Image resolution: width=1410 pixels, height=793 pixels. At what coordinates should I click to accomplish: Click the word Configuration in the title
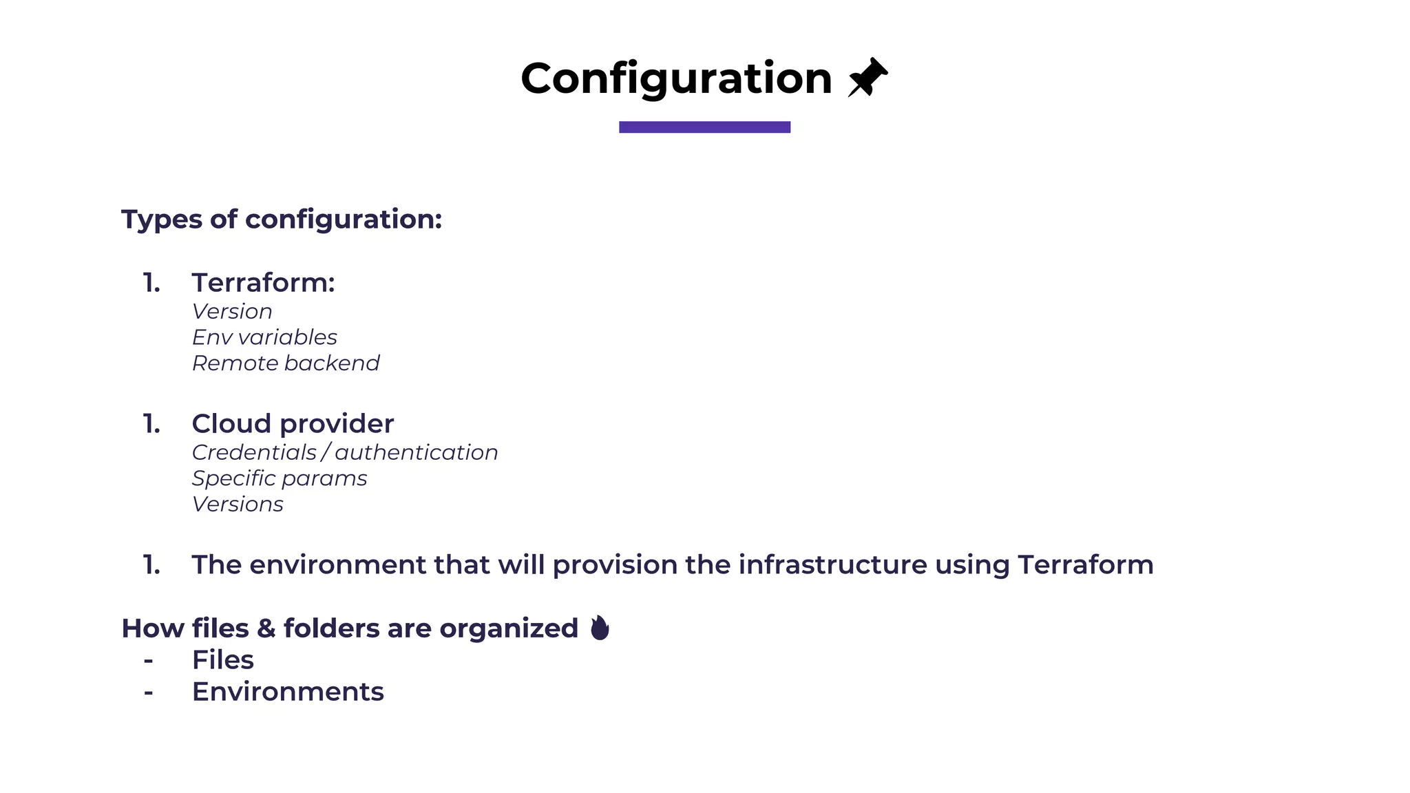point(676,78)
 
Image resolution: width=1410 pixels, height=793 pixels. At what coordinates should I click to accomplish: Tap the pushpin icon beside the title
point(867,77)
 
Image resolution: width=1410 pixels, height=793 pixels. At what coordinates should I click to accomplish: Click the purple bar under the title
point(704,127)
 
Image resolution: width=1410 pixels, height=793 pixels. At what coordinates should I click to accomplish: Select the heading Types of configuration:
point(282,219)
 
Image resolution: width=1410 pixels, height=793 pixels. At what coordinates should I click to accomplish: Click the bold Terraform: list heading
point(263,282)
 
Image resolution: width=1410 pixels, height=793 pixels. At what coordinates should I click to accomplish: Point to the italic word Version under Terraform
point(232,311)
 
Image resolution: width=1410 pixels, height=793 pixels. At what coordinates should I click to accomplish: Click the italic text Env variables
point(264,337)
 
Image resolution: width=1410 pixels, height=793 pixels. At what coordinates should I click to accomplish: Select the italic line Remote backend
point(286,363)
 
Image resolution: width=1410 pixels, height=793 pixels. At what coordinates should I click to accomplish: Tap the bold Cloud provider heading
point(293,423)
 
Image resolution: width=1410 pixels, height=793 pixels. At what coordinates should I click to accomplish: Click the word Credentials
point(253,452)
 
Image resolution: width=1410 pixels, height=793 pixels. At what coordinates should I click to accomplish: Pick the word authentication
point(416,452)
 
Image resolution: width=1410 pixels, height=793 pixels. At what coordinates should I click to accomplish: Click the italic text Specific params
point(280,478)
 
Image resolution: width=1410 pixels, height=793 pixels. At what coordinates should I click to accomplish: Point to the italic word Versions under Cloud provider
point(238,504)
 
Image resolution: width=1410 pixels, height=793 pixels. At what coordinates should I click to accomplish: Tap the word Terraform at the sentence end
point(1085,564)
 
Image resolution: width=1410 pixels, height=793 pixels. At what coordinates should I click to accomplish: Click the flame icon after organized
point(600,628)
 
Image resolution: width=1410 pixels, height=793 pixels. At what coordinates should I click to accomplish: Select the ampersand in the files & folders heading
point(266,628)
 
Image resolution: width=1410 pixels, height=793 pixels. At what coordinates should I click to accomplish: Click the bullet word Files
point(222,659)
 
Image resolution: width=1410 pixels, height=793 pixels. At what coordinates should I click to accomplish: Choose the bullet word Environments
point(288,691)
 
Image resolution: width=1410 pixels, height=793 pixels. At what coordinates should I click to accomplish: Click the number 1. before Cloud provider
point(151,423)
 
